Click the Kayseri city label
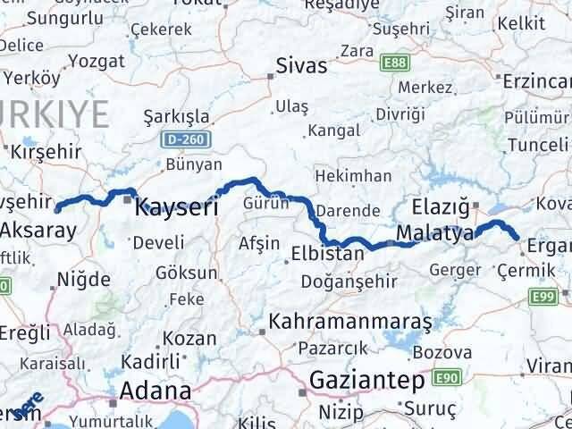[x=176, y=208]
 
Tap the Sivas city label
[x=302, y=66]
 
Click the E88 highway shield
[x=393, y=62]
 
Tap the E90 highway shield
[x=446, y=380]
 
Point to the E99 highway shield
[x=545, y=296]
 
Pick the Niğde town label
[x=82, y=280]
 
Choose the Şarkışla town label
[x=177, y=116]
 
